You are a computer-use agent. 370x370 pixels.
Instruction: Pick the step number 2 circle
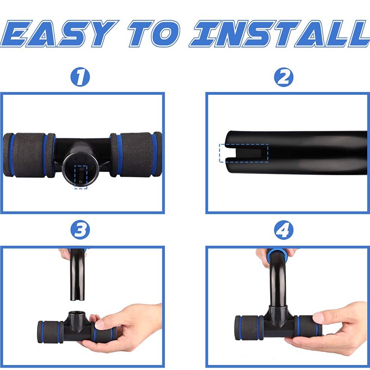[284, 77]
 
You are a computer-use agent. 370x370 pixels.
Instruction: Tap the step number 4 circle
[284, 230]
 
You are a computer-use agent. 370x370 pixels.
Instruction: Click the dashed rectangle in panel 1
[80, 177]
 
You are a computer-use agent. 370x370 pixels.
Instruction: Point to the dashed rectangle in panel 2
[244, 153]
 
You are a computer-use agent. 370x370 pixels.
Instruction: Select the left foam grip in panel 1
[29, 155]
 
